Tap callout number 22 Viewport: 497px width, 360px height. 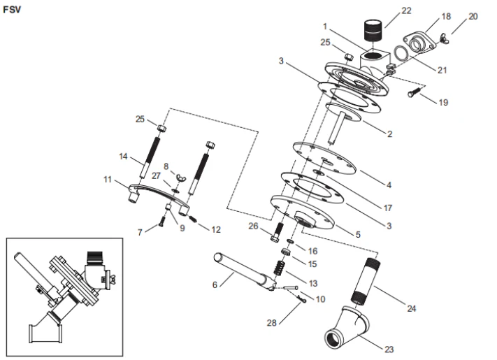tap(406, 10)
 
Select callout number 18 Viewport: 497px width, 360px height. tap(447, 15)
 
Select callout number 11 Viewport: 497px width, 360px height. tap(108, 180)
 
